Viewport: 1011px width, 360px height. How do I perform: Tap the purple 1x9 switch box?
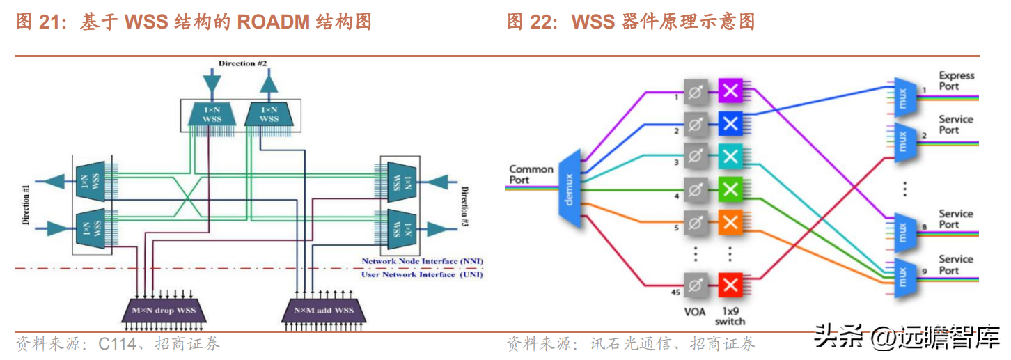coord(730,90)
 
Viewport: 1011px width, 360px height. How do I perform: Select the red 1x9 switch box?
coord(730,285)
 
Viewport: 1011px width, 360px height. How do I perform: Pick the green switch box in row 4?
coord(730,189)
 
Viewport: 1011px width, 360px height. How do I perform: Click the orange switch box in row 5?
coord(730,222)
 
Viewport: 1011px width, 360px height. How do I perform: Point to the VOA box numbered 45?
coord(695,285)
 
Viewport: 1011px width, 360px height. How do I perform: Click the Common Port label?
coord(531,174)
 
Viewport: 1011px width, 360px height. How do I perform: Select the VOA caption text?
coord(694,311)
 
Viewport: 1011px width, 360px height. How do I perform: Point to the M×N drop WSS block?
coord(164,311)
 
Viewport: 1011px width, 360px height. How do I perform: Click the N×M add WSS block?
coord(324,311)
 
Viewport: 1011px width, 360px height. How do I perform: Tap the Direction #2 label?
coord(243,63)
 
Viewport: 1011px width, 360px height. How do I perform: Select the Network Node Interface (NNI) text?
coord(422,261)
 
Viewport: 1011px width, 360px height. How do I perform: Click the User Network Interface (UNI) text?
coord(422,274)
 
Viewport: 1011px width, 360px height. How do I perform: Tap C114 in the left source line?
coord(114,344)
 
